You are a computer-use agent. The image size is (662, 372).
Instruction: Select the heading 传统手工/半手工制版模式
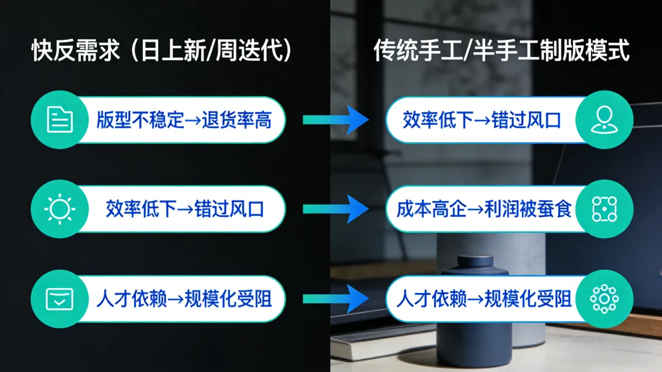click(501, 51)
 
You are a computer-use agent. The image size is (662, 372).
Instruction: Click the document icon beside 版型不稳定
click(60, 120)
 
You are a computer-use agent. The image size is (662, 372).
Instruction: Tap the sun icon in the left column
click(60, 209)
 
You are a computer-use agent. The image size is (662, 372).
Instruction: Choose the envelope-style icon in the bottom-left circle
click(60, 299)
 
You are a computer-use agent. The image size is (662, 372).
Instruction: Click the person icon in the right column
click(604, 120)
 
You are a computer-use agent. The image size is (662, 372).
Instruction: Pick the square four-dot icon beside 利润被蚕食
click(604, 209)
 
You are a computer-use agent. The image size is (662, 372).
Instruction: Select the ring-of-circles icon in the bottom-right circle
click(604, 299)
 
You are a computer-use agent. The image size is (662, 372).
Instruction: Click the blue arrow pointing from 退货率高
click(335, 120)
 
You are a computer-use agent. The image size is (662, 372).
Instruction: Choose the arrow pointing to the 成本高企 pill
click(335, 208)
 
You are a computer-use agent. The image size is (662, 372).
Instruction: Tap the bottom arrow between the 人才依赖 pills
click(335, 299)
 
